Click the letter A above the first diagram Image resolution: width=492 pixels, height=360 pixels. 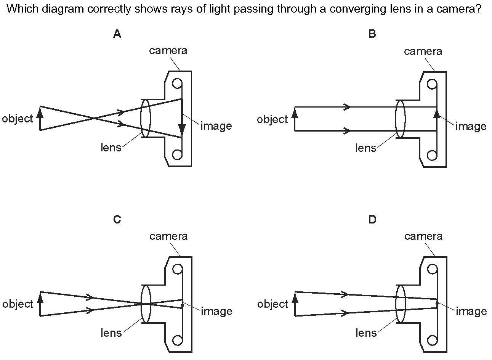(x=117, y=34)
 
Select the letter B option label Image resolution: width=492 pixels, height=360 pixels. (x=372, y=34)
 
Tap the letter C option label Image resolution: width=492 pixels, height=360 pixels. (x=117, y=219)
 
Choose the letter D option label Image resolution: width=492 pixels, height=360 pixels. (x=372, y=219)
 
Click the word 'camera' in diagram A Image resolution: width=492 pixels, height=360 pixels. (x=168, y=51)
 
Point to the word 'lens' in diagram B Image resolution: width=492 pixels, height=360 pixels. (x=366, y=148)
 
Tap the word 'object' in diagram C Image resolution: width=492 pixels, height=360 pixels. (x=18, y=304)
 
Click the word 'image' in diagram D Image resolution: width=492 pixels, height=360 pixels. (x=471, y=312)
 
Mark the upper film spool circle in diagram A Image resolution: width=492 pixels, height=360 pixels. (x=177, y=84)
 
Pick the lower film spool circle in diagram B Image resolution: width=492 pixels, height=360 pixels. (x=432, y=156)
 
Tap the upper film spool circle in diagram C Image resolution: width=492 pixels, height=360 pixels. (x=177, y=269)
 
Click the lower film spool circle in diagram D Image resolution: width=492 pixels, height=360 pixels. (x=432, y=341)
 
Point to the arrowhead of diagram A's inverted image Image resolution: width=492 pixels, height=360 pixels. (x=182, y=129)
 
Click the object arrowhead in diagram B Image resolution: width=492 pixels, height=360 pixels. (x=295, y=112)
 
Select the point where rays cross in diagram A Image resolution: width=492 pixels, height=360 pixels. (x=95, y=119)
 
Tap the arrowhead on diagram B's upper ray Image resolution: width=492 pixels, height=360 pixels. (x=347, y=107)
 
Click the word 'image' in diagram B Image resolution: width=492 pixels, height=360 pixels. (x=471, y=126)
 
